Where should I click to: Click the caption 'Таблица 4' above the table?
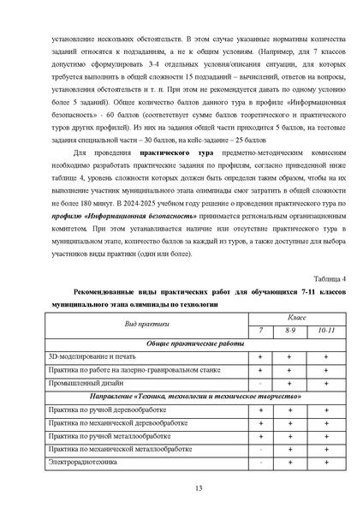click(330, 279)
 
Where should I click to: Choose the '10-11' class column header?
click(326, 331)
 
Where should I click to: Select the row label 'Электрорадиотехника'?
click(86, 463)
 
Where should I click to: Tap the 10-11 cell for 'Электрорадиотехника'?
click(326, 463)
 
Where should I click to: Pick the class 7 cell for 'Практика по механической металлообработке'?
click(260, 449)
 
